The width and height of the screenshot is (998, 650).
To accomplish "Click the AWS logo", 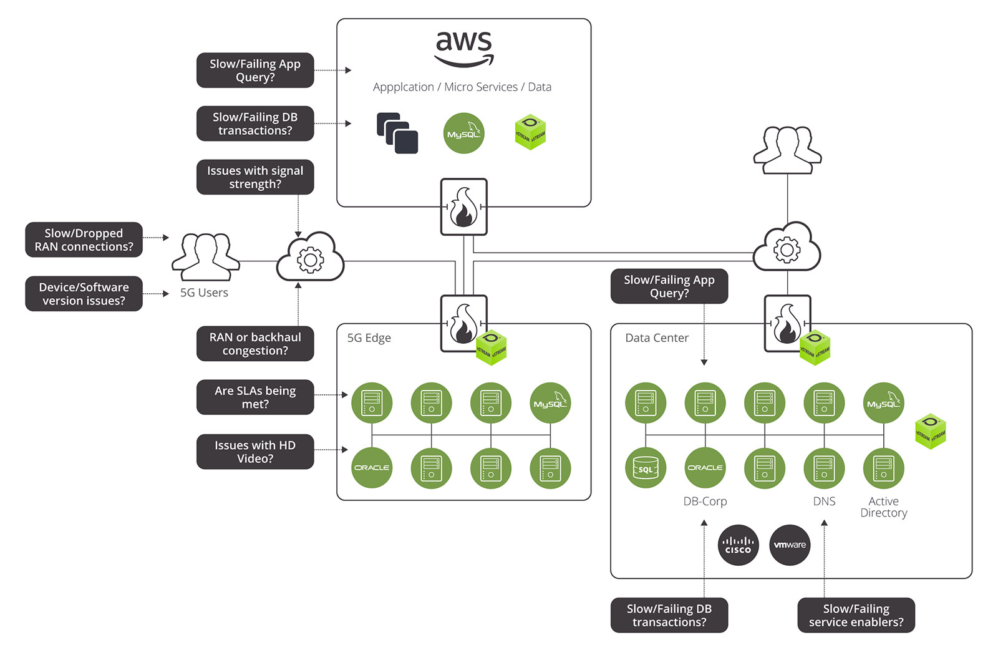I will click(463, 49).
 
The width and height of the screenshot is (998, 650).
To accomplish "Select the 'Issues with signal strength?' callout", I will click(255, 177).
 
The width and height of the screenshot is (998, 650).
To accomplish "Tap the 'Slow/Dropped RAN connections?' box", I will click(84, 240).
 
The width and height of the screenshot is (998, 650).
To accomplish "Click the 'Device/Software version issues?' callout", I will click(84, 294).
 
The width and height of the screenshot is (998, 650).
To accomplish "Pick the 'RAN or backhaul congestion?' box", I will click(255, 344).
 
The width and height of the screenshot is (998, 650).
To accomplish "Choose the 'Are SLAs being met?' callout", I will click(255, 397).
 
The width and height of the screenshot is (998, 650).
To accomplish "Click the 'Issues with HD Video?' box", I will click(255, 452).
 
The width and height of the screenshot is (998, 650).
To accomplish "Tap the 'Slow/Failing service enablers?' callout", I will click(856, 615).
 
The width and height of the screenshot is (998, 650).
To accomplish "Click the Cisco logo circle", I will click(738, 545).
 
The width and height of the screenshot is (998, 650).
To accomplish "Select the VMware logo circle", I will click(790, 545).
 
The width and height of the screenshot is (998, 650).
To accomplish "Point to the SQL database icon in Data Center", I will click(646, 468).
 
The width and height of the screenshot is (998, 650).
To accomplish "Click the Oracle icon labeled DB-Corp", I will click(705, 468).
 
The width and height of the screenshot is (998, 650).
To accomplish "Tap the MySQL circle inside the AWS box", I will click(463, 133).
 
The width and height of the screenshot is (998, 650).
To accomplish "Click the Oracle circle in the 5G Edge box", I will click(372, 468).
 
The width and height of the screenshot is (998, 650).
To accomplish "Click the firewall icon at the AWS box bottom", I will click(463, 207).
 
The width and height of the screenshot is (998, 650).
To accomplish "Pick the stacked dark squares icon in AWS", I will click(397, 133).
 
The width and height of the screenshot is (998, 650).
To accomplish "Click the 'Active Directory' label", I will click(883, 507).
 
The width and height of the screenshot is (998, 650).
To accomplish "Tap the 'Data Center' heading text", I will click(657, 338).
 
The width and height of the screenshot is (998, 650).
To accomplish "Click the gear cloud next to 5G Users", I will click(310, 257).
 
